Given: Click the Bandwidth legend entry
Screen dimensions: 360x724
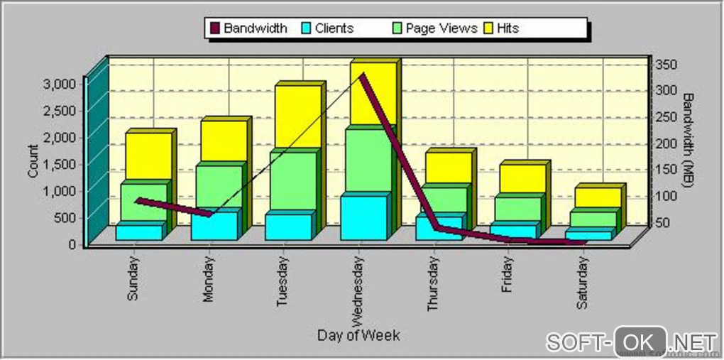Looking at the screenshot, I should coord(248,28).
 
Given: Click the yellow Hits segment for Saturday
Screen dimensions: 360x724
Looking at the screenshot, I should coord(597,197).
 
